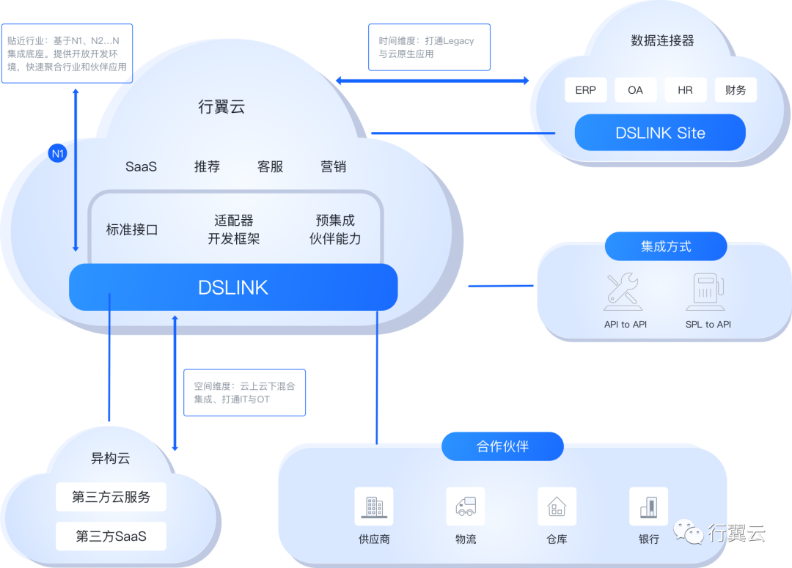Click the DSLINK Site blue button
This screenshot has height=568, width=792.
point(660,133)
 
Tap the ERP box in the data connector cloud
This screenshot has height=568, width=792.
point(586,90)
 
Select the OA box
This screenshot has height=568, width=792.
point(635,90)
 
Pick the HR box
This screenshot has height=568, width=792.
point(685,90)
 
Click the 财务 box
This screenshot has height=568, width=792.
point(735,90)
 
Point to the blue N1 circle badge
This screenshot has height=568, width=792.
point(57,154)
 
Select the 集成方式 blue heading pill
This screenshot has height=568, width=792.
point(665,246)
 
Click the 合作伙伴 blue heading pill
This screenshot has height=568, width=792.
point(502,446)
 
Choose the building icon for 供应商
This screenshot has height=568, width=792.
point(374,506)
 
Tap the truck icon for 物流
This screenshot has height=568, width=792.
point(466,506)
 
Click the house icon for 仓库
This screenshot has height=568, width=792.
point(557,506)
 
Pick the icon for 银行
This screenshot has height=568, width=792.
point(648,506)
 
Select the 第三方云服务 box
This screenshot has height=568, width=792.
point(111,497)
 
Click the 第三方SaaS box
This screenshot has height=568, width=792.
point(111,536)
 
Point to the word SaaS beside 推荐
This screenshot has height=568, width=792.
point(141,166)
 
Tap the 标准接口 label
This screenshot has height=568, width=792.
point(132,229)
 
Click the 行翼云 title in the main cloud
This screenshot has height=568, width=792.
point(221,107)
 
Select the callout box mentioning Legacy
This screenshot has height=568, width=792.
point(429,48)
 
